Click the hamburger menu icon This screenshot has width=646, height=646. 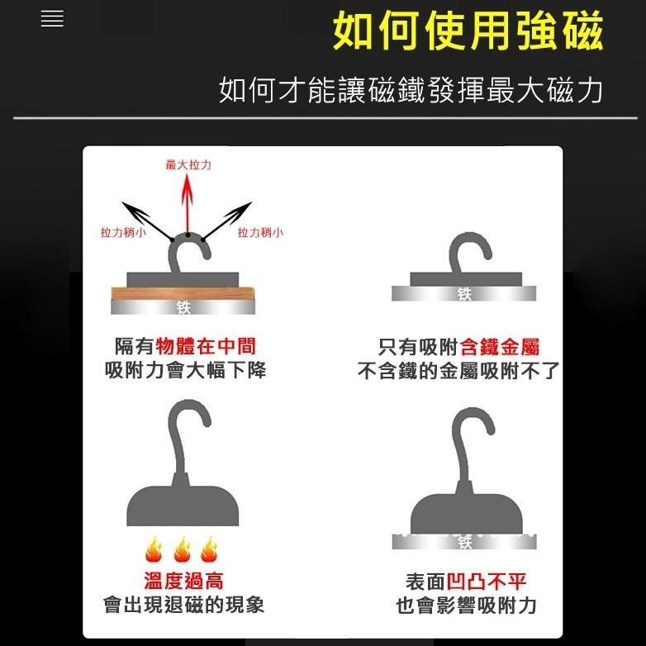[x=52, y=19]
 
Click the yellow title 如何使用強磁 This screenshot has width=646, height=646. [x=468, y=32]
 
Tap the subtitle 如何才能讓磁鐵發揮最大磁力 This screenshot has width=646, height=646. [x=411, y=90]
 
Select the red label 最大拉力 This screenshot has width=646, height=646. [x=188, y=165]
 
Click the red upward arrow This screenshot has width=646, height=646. [x=188, y=202]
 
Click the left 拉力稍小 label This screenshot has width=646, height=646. [x=123, y=233]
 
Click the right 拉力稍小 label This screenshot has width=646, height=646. [x=260, y=233]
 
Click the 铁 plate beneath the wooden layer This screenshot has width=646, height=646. [x=183, y=307]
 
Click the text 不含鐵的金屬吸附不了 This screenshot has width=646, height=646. [x=458, y=371]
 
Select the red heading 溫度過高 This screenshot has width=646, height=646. [x=183, y=581]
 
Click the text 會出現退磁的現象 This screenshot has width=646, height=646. [x=183, y=605]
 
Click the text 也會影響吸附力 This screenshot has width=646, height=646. [x=467, y=606]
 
